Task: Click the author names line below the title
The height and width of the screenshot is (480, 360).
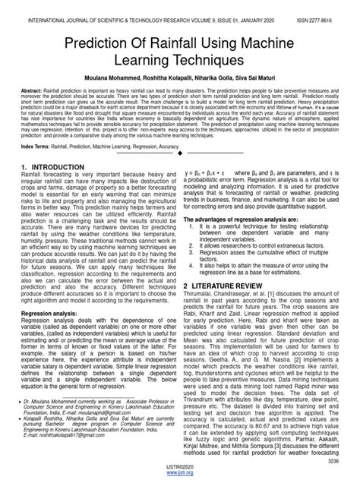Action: click(x=179, y=77)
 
